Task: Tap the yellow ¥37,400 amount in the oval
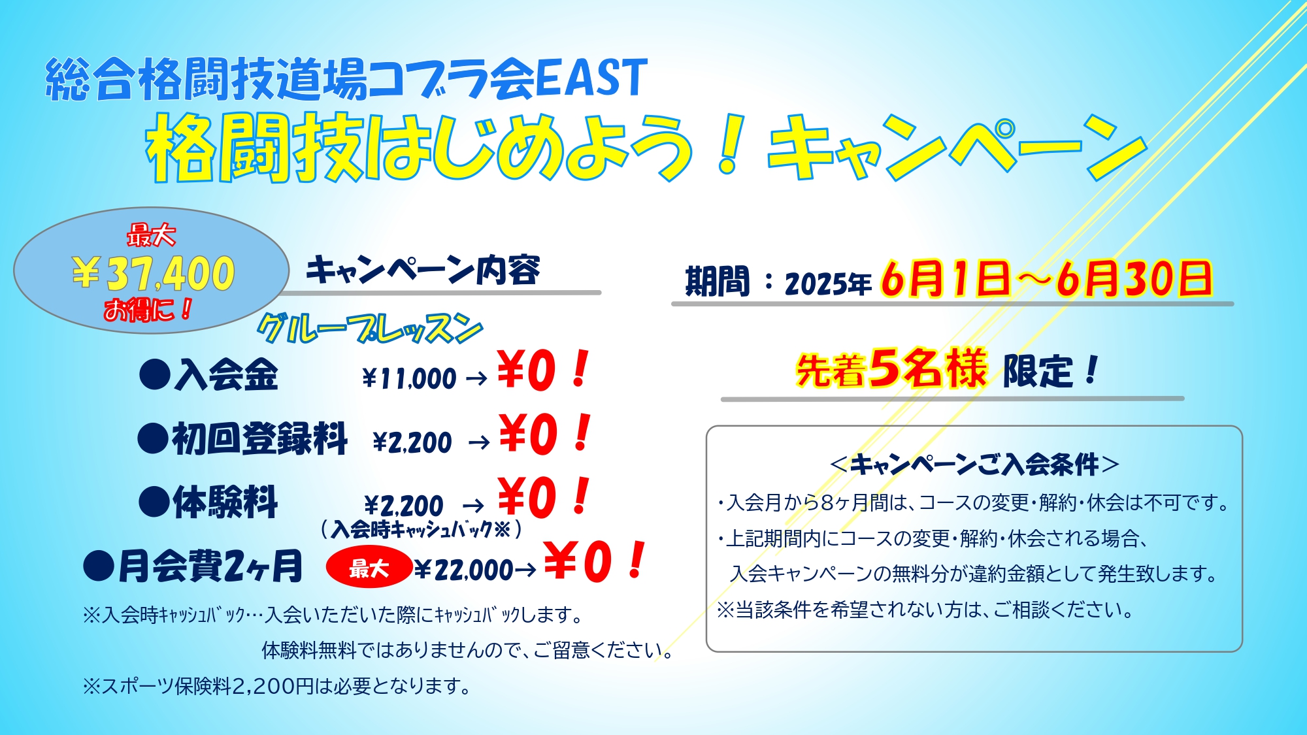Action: [153, 273]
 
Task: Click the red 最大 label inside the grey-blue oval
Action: [151, 235]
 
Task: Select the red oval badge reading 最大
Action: [369, 567]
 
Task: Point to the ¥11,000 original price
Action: [409, 378]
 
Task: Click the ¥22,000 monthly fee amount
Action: [464, 570]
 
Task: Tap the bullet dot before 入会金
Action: [155, 376]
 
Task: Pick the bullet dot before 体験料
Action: [155, 502]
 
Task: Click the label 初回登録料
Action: [259, 438]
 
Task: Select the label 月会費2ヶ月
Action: [210, 566]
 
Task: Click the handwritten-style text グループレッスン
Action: [370, 328]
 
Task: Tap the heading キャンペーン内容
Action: [423, 270]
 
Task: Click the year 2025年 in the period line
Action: [828, 284]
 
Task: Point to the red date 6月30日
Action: [1134, 279]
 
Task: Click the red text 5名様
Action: [928, 368]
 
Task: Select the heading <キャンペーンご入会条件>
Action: [974, 464]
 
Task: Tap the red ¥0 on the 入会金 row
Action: [526, 371]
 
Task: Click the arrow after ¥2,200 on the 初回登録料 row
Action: [479, 443]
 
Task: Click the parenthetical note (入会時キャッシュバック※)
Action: [422, 529]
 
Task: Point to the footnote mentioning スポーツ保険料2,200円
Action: [277, 686]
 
